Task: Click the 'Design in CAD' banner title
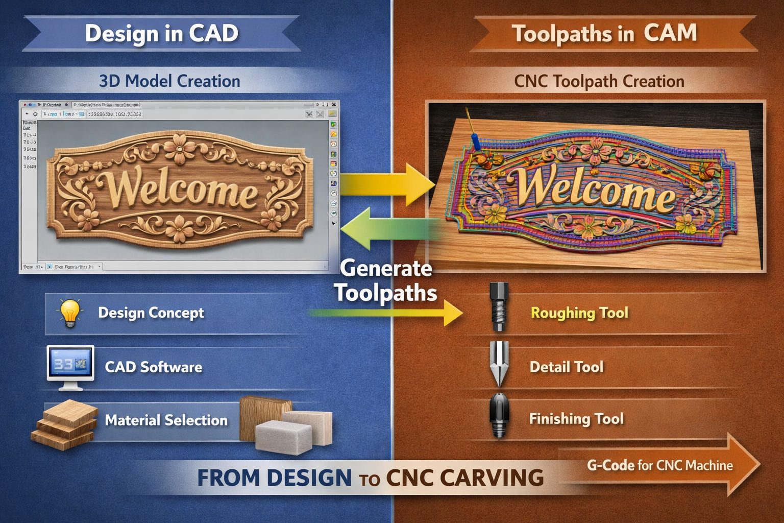[x=161, y=34]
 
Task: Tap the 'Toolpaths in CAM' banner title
[x=604, y=34]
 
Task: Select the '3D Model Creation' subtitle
[x=169, y=81]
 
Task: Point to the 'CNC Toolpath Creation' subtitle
[x=599, y=81]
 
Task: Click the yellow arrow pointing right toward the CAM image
[x=388, y=184]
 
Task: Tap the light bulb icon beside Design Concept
[x=70, y=313]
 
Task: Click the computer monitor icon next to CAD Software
[x=70, y=366]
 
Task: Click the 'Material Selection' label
[x=166, y=420]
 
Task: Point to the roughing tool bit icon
[x=499, y=307]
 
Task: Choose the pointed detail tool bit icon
[x=499, y=364]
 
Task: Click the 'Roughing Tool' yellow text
[x=579, y=313]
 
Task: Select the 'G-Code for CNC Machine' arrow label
[x=659, y=465]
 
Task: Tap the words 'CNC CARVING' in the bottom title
[x=464, y=478]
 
